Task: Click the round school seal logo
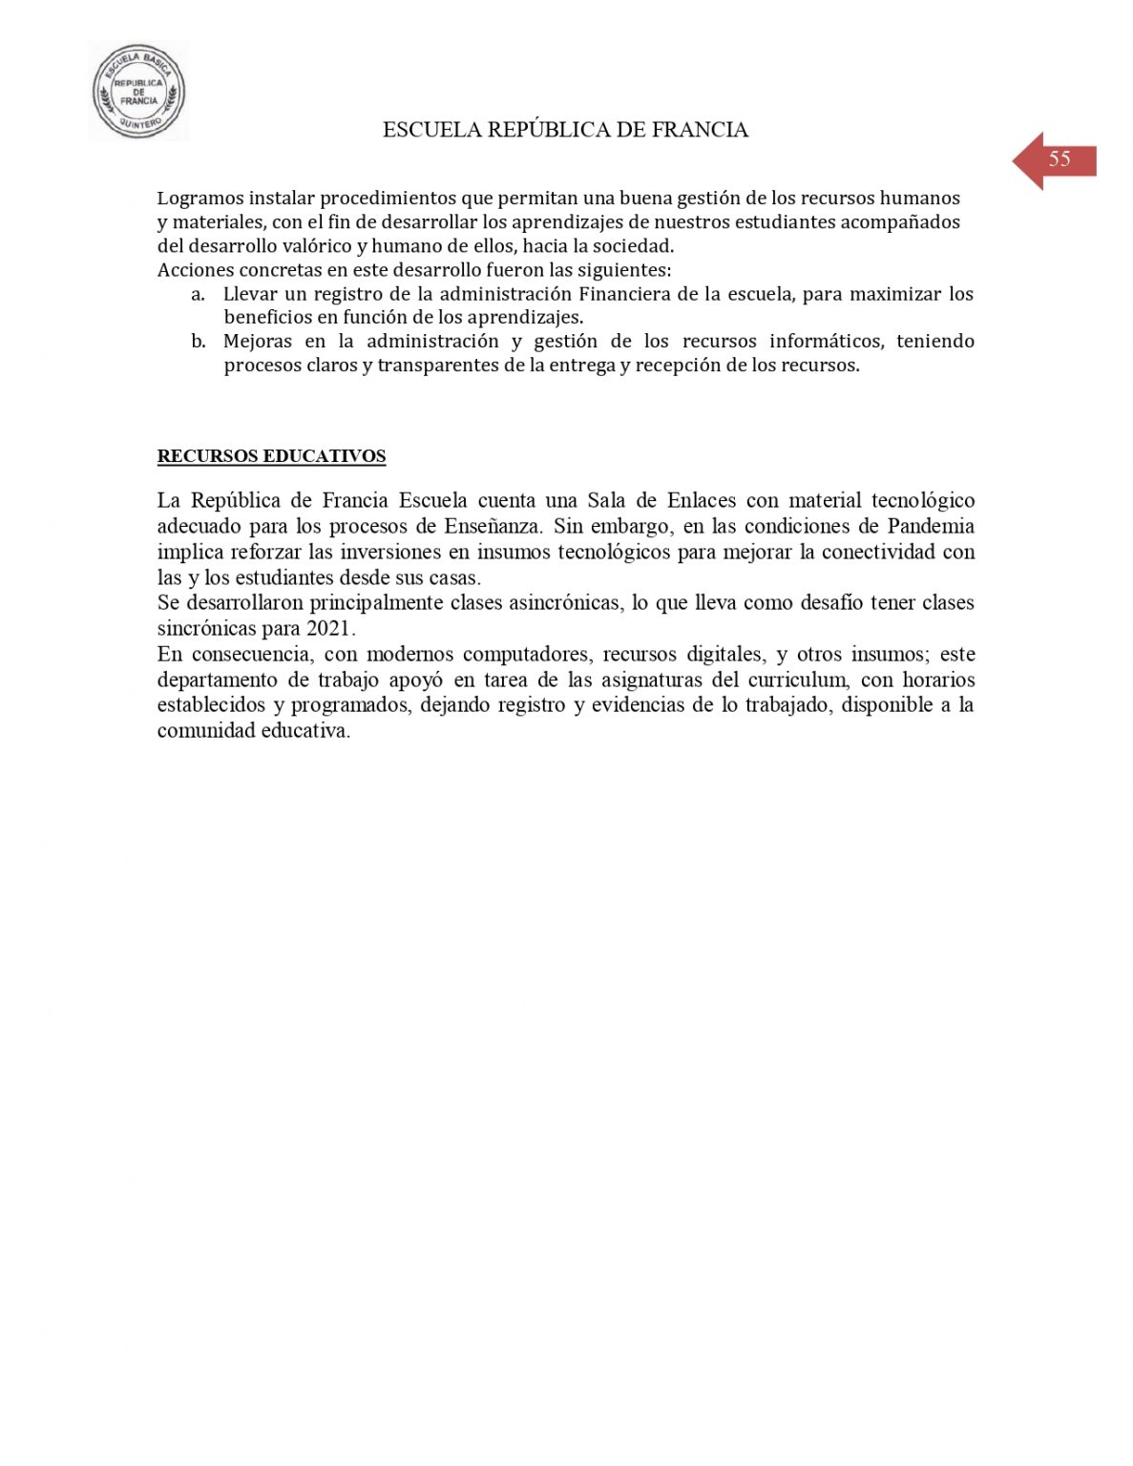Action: point(138,93)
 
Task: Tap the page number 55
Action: point(1060,159)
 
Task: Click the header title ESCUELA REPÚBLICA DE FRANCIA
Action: point(565,131)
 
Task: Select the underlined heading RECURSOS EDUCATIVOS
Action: point(271,456)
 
